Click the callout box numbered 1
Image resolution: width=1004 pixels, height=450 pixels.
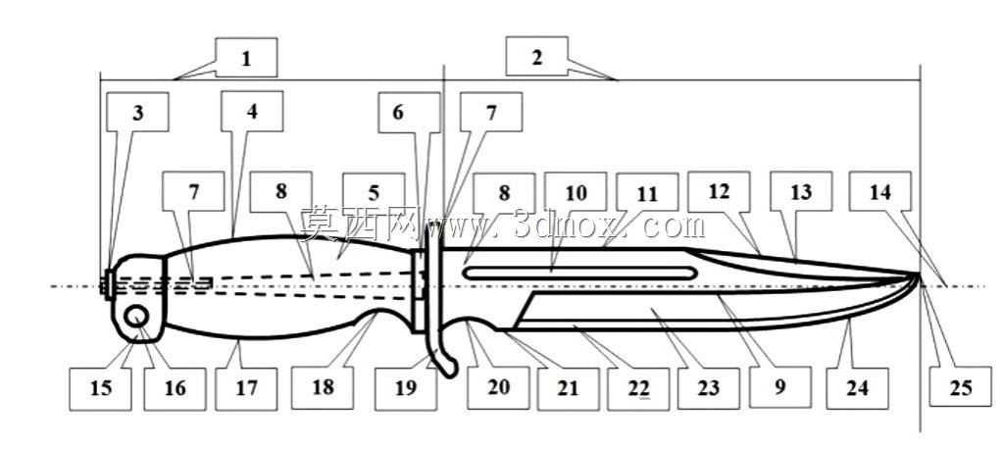coord(246,58)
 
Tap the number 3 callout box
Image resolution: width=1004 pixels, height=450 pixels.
coord(138,112)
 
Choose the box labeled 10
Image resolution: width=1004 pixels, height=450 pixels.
coord(575,192)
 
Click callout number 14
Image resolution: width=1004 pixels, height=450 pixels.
coord(880,191)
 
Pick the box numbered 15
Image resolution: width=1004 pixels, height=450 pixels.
coord(101,388)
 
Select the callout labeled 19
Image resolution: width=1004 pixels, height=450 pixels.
coord(406,388)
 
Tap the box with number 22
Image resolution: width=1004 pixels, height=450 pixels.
coord(638,388)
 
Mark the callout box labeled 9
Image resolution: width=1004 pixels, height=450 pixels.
coord(779,388)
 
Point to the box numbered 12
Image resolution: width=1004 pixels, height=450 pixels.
coord(719,191)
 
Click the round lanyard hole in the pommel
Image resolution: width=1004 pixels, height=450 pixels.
coord(138,317)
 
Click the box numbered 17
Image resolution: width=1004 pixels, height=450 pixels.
coord(246,388)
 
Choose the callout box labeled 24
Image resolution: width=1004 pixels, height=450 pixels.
coord(857,388)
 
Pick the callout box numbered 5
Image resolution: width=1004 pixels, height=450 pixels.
coord(374,192)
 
